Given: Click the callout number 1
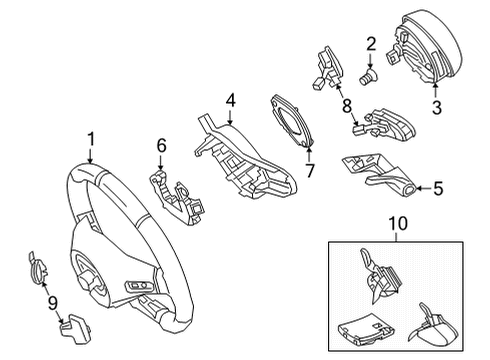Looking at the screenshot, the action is (x=91, y=139).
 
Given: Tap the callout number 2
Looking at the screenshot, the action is (x=371, y=44).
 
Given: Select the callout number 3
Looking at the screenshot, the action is (x=436, y=107).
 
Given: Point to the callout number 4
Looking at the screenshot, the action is (x=230, y=100).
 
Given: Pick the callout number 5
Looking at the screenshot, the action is (x=438, y=189).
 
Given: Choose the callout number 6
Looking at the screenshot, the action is (x=161, y=146).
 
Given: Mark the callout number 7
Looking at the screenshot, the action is (x=310, y=171).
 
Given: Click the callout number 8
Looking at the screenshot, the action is (x=347, y=106).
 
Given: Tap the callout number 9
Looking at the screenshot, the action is (x=53, y=303).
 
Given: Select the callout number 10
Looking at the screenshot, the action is (x=398, y=224).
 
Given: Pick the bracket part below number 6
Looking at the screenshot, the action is (x=177, y=197).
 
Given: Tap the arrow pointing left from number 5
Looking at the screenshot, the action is (x=423, y=189).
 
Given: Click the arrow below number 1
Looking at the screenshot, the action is (x=90, y=156).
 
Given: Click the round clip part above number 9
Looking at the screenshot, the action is (x=36, y=268).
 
